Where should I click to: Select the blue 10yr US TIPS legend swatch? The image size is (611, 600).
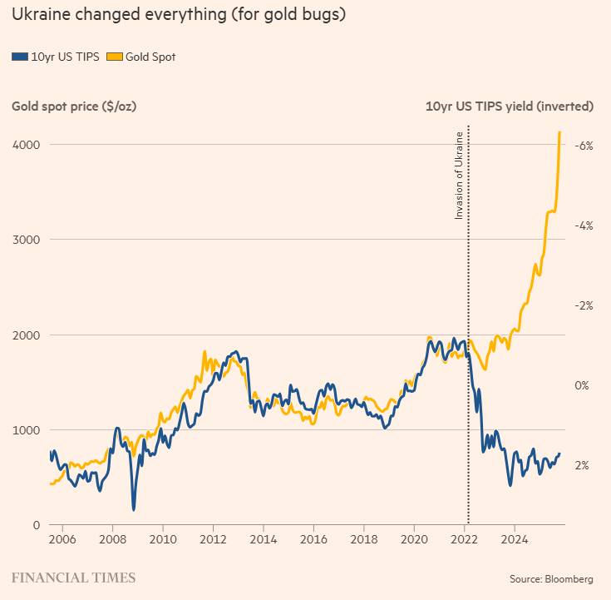pyautogui.click(x=19, y=57)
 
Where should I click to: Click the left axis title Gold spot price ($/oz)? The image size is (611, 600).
pyautogui.click(x=74, y=107)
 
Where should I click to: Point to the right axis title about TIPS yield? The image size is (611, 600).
pyautogui.click(x=509, y=107)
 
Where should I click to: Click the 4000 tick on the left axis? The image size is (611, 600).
pyautogui.click(x=26, y=145)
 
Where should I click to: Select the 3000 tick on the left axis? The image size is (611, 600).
pyautogui.click(x=26, y=240)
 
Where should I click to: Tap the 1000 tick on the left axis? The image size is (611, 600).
pyautogui.click(x=26, y=430)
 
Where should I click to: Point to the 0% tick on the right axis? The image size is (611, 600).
pyautogui.click(x=583, y=385)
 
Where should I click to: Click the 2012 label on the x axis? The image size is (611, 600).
pyautogui.click(x=213, y=538)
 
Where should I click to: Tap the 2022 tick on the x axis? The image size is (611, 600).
pyautogui.click(x=464, y=538)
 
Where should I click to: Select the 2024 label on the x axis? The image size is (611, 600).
pyautogui.click(x=515, y=538)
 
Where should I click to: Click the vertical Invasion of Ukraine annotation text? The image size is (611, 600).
pyautogui.click(x=458, y=175)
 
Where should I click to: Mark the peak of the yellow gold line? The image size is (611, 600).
pyautogui.click(x=559, y=131)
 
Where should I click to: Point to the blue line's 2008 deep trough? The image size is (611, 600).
pyautogui.click(x=133, y=508)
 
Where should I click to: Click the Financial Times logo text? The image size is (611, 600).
pyautogui.click(x=73, y=578)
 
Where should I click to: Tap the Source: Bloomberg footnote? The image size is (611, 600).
pyautogui.click(x=552, y=578)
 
